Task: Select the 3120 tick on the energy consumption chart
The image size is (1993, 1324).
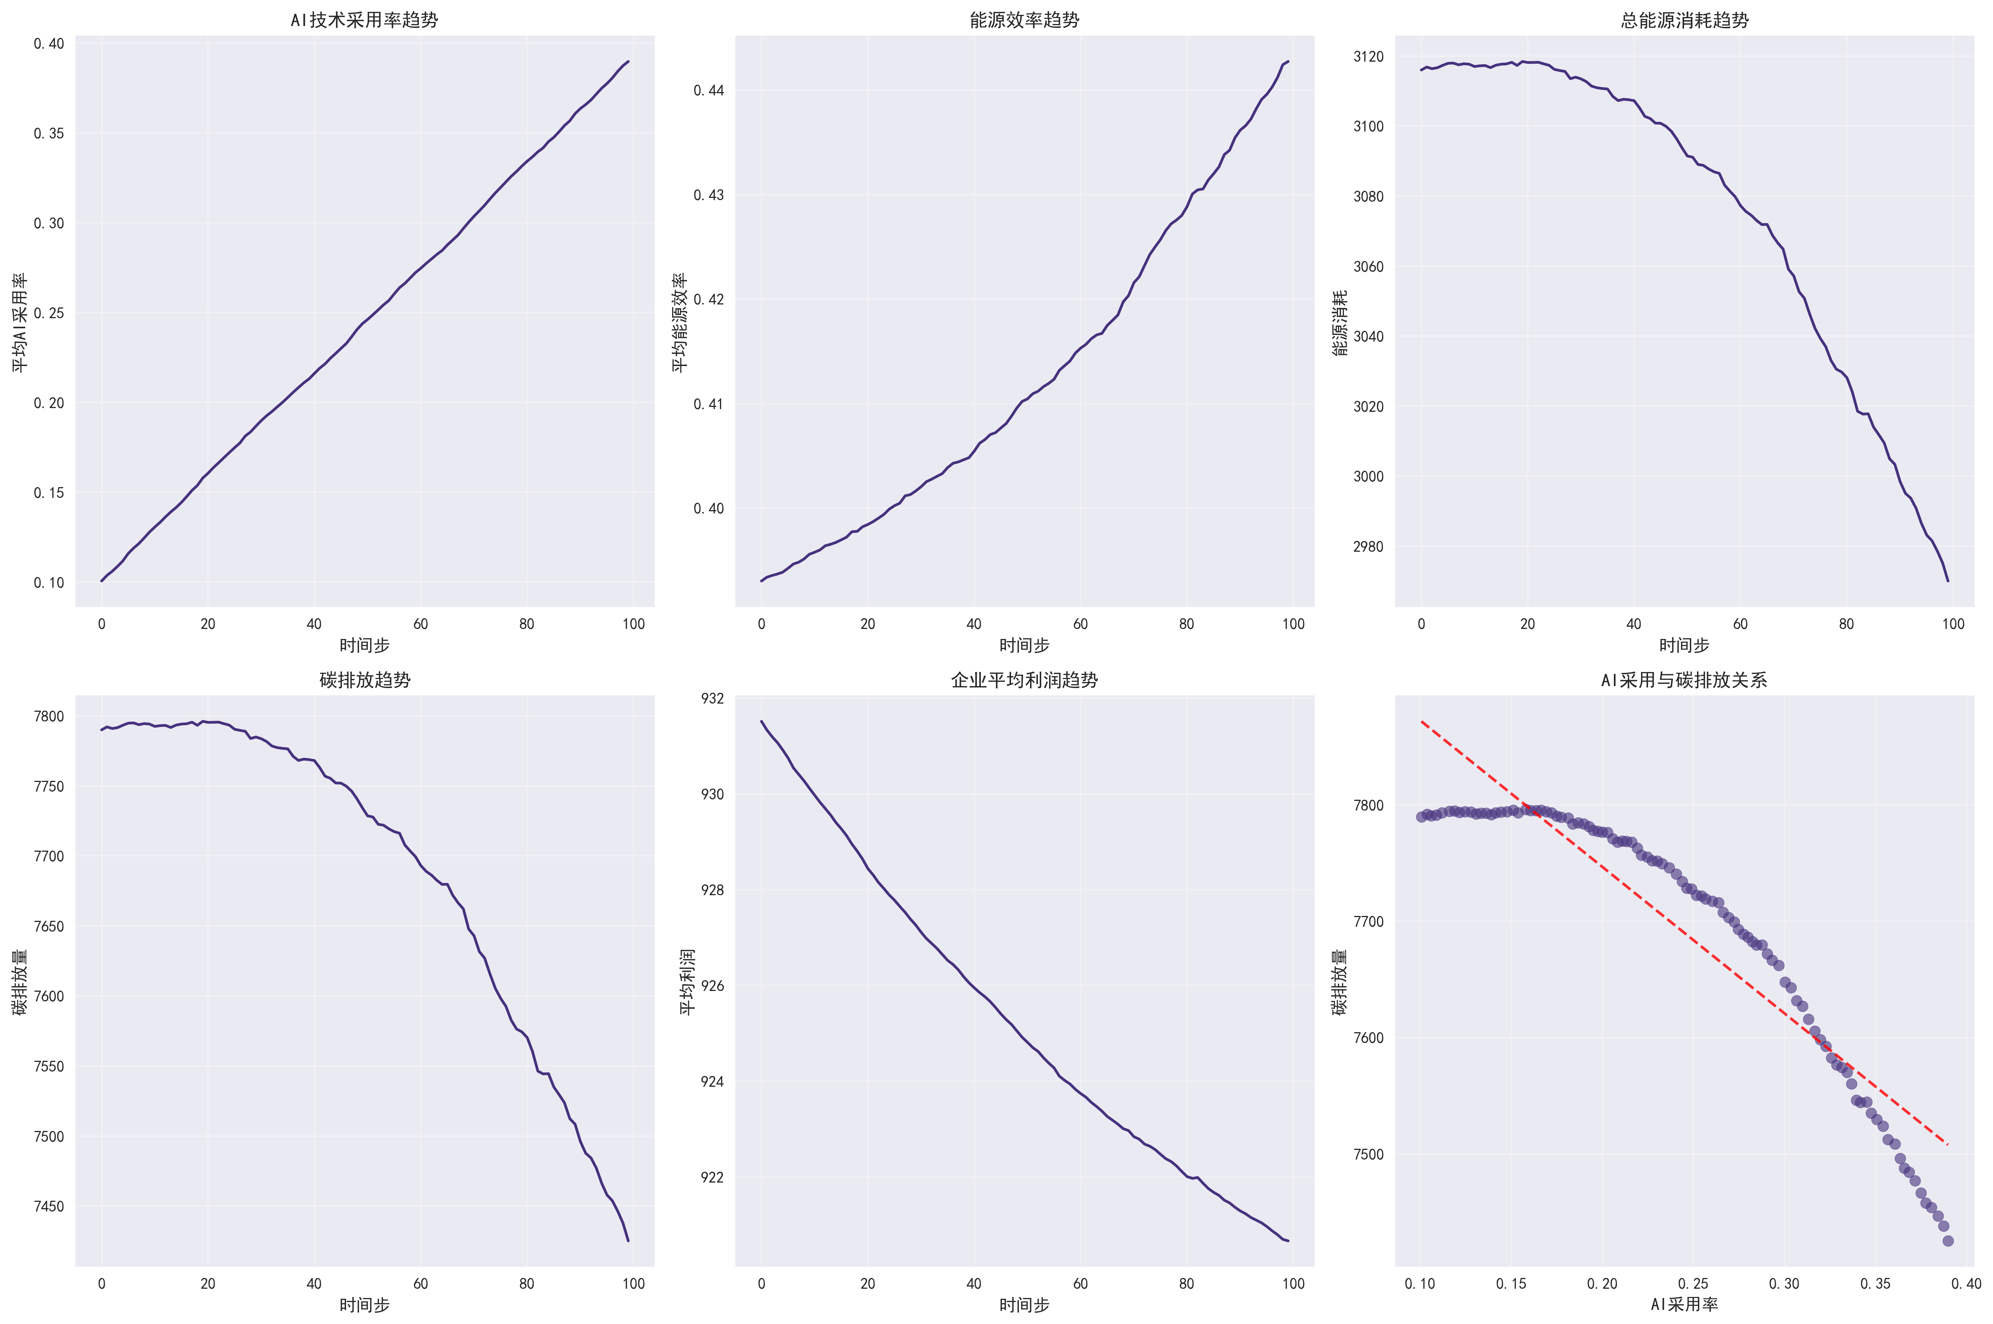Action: click(x=1368, y=56)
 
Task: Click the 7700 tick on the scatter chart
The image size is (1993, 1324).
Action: click(x=1368, y=921)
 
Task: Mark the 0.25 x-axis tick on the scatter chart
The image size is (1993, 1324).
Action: click(x=1693, y=1284)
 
